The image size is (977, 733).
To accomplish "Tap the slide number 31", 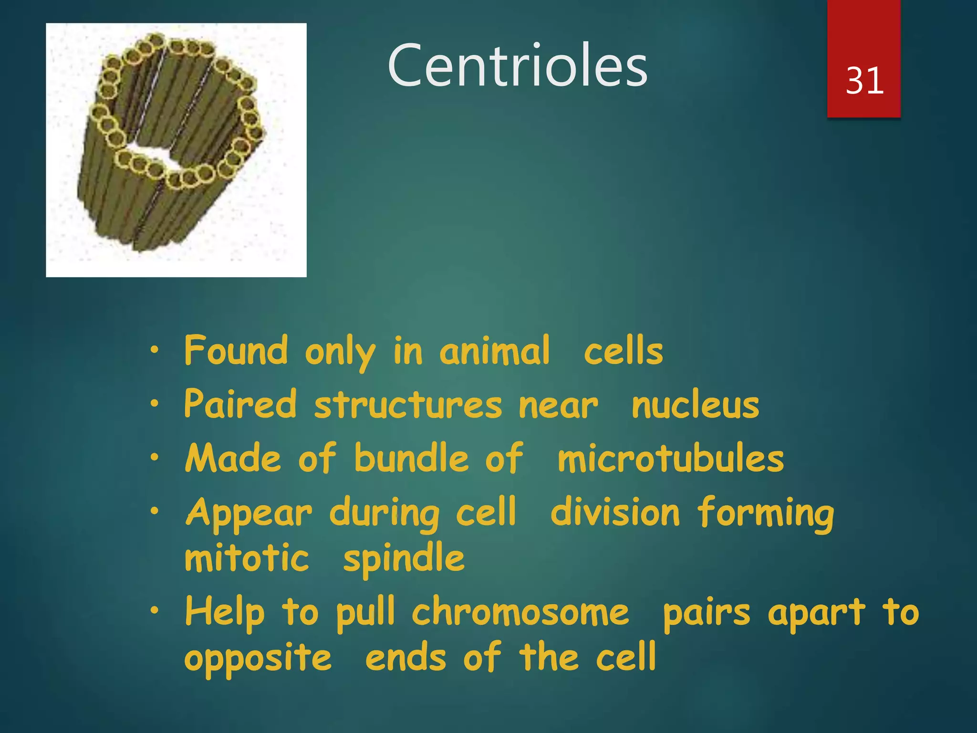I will click(864, 81).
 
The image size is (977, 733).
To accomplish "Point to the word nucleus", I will click(695, 405).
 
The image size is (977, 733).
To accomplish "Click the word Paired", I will click(240, 405).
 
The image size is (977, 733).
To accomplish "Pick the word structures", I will click(408, 405).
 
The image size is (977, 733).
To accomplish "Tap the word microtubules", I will click(670, 459).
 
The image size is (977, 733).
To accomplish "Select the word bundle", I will click(412, 459).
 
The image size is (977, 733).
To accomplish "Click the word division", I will click(615, 513).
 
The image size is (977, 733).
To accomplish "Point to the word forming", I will click(765, 513).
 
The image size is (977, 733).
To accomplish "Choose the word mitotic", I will click(247, 558).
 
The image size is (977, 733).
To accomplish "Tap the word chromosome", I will click(520, 613).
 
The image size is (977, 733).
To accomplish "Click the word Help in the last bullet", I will click(224, 613).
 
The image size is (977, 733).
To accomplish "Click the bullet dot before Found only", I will click(154, 350).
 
